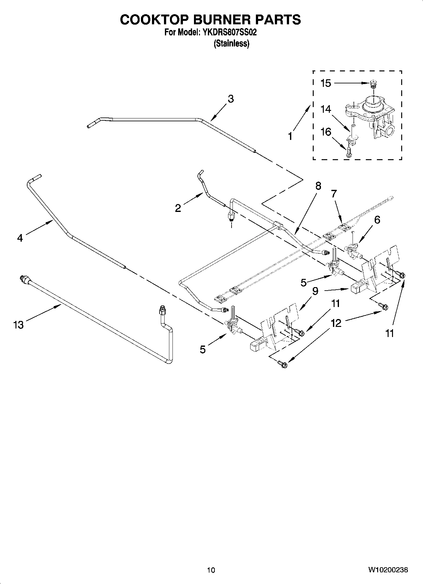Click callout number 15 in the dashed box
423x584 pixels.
coord(325,83)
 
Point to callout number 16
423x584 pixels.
coord(325,132)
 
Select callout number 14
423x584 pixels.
coord(325,109)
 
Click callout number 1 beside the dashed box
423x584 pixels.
coord(290,136)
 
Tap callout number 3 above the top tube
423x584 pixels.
coord(231,99)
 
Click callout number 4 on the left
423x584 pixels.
coord(20,238)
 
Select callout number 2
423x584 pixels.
coord(178,208)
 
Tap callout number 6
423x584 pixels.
coord(377,220)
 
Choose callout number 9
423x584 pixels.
coord(315,291)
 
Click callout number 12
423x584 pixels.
coord(336,323)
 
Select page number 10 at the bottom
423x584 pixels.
coord(211,570)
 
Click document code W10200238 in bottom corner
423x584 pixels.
coord(388,570)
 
